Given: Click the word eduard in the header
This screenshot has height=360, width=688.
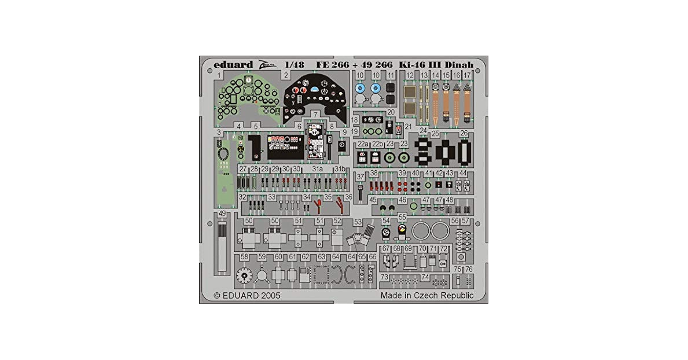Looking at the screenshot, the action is click(233, 65).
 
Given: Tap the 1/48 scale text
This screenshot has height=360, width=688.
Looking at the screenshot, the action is click(294, 65).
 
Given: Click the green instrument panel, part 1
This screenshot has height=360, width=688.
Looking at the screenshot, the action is click(248, 97).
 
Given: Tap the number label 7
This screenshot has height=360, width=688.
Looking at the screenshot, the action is click(316, 115).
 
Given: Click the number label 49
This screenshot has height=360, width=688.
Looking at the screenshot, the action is click(222, 213).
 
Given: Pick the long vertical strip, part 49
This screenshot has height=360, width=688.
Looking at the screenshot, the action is click(222, 247).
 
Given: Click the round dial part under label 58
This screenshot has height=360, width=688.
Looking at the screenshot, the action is click(245, 276).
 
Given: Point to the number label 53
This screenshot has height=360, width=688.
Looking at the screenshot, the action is click(357, 222).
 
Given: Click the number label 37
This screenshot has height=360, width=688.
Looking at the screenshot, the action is click(360, 177).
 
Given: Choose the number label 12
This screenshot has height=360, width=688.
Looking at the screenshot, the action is click(410, 76).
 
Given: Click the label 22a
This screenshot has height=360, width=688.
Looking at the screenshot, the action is click(363, 144).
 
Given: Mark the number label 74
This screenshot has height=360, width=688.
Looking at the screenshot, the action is click(425, 277).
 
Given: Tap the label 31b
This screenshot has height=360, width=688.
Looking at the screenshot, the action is click(340, 169).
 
